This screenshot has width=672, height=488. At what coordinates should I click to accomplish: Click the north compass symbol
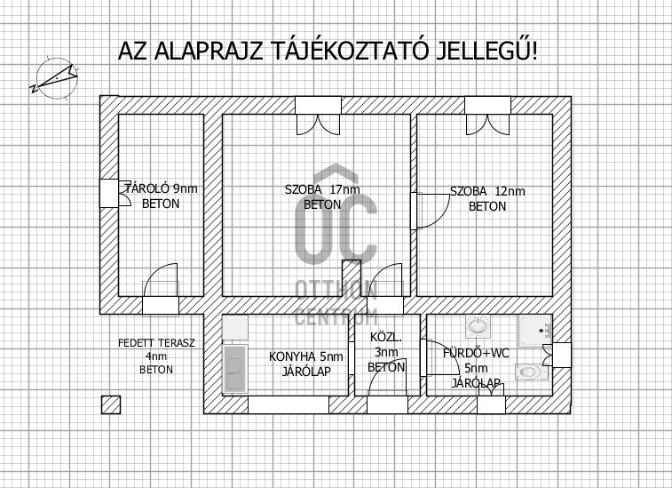pyautogui.click(x=56, y=79)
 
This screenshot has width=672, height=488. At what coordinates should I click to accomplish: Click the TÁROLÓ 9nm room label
pyautogui.click(x=162, y=188)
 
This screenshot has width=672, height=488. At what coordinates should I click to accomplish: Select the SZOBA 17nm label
pyautogui.click(x=322, y=189)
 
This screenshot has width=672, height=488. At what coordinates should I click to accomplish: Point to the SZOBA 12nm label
pyautogui.click(x=487, y=191)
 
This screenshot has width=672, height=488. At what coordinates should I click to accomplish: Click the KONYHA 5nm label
pyautogui.click(x=306, y=356)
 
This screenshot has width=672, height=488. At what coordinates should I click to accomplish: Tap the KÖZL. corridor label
pyautogui.click(x=386, y=338)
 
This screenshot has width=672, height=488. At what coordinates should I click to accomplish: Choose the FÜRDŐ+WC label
pyautogui.click(x=476, y=353)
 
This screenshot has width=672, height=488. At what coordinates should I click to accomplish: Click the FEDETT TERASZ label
pyautogui.click(x=156, y=343)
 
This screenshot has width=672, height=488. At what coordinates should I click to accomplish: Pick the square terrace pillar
pyautogui.click(x=111, y=404)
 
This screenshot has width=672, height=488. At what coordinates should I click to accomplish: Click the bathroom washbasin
pyautogui.click(x=476, y=326)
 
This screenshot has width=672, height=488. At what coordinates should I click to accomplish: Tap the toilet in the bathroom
pyautogui.click(x=532, y=372)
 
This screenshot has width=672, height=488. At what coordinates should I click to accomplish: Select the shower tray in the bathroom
pyautogui.click(x=535, y=331)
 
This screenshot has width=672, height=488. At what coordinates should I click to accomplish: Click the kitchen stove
pyautogui.click(x=235, y=369)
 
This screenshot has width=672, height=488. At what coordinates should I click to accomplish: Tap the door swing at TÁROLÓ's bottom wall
pyautogui.click(x=161, y=280)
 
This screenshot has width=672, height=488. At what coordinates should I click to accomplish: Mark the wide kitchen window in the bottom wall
pyautogui.click(x=289, y=404)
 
